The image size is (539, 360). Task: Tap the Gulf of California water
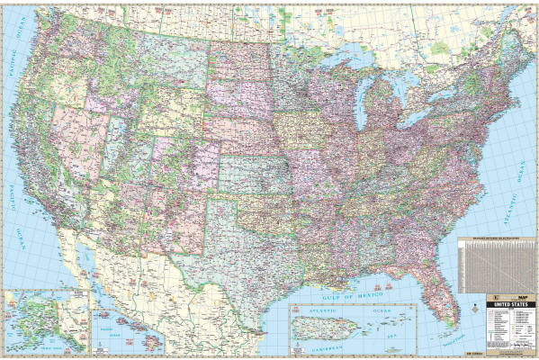(103, 261)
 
